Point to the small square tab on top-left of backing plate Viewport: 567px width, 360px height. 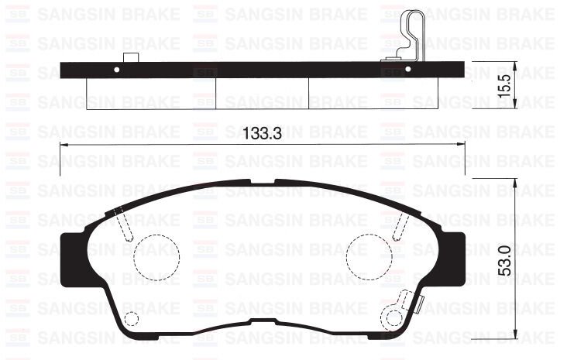coord(129,57)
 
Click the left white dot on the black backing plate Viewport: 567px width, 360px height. coord(117,70)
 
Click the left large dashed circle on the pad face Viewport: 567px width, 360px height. coord(156,255)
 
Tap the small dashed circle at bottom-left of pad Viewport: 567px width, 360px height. coord(132,318)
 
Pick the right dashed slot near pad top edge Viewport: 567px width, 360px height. coord(400,225)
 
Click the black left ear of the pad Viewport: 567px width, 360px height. coord(70,259)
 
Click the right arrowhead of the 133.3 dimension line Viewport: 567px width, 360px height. coord(462,146)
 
